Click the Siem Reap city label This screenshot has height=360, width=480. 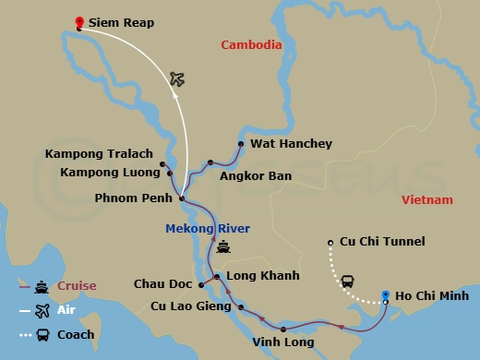click(x=122, y=22)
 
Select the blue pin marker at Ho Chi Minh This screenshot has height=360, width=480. click(x=386, y=295)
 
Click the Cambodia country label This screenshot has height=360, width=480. click(x=251, y=44)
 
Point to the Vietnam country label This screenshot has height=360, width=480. click(x=427, y=199)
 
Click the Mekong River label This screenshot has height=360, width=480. click(x=208, y=229)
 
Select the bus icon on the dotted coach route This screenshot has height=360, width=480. click(x=348, y=281)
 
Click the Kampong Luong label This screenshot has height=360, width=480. click(x=104, y=172)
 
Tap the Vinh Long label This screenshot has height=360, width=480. click(x=282, y=342)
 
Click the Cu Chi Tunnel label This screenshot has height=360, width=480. click(x=382, y=242)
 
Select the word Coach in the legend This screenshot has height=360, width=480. click(x=76, y=335)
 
